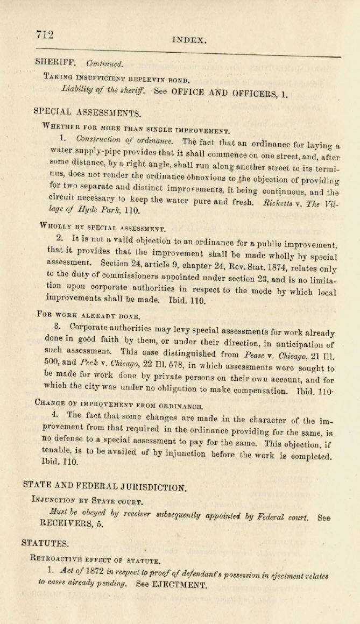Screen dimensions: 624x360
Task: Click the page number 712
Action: point(45,34)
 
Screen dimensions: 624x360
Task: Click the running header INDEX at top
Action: point(189,40)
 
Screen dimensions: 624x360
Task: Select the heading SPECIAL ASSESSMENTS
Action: point(87,112)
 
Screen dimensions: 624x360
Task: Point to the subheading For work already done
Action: point(88,315)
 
